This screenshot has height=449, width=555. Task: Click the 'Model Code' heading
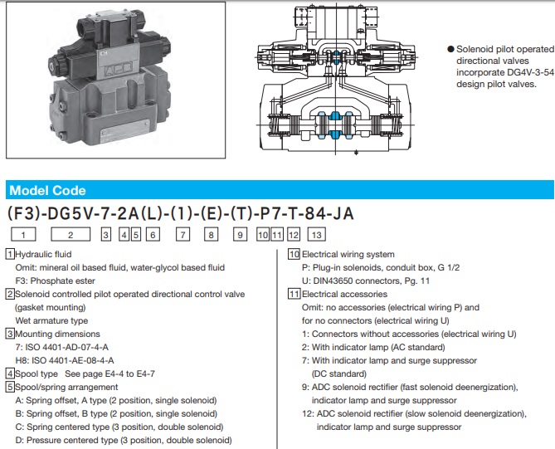pyautogui.click(x=47, y=190)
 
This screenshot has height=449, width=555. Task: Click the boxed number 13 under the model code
pyautogui.click(x=315, y=236)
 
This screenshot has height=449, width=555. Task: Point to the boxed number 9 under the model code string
pyautogui.click(x=241, y=236)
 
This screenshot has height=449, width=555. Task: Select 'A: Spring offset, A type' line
pyautogui.click(x=115, y=400)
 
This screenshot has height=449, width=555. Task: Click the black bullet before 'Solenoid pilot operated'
pyautogui.click(x=450, y=49)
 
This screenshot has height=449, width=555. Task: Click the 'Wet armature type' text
pyautogui.click(x=51, y=320)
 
